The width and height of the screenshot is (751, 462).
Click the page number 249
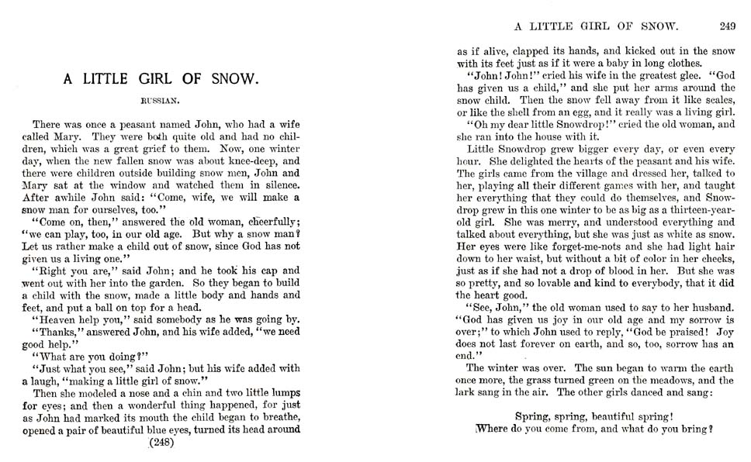click(x=727, y=26)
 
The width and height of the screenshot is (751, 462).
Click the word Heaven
click(x=64, y=319)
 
